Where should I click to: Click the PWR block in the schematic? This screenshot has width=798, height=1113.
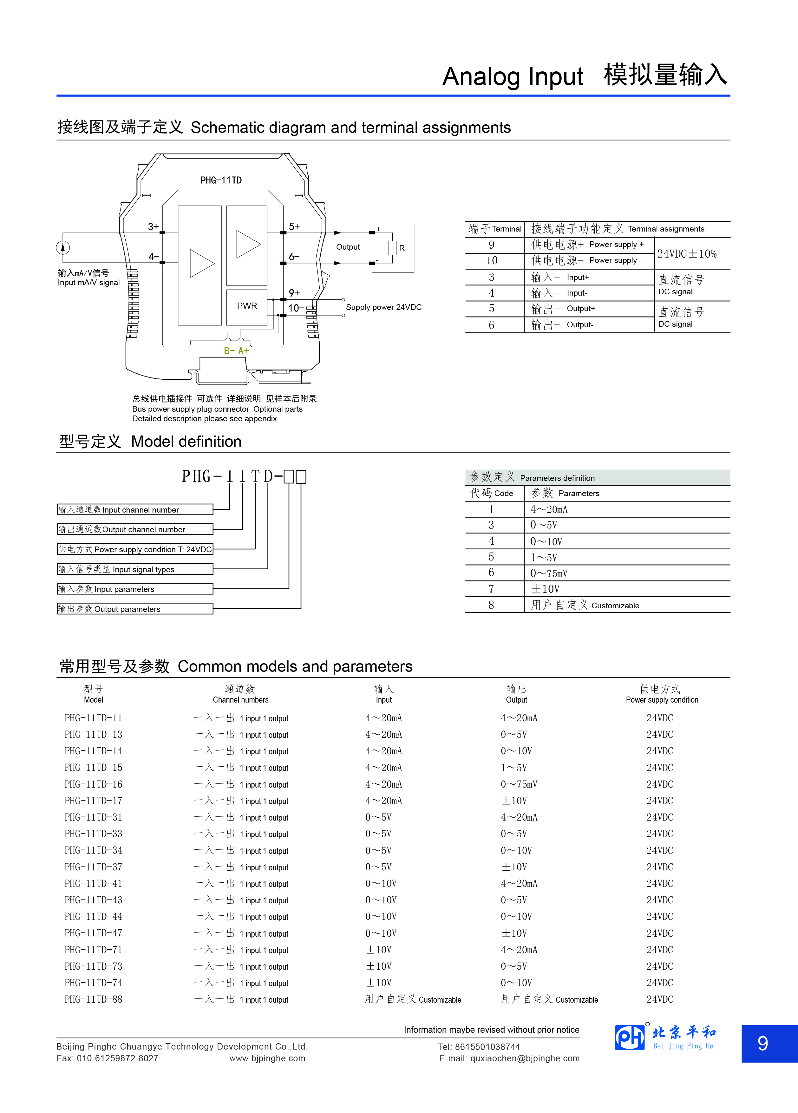coord(247,306)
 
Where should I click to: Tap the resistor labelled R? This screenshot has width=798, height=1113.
coord(392,248)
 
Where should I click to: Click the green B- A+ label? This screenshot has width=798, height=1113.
coord(236,351)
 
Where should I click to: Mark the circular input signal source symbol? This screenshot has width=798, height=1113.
coord(63,247)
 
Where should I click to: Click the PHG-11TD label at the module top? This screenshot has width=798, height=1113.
coord(221,180)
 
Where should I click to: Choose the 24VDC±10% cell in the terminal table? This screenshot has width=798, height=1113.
coord(687,254)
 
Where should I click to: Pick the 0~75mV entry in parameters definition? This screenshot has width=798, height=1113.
coord(549,573)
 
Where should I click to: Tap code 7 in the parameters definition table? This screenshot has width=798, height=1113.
coord(491,589)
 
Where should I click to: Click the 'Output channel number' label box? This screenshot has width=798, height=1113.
coord(135,529)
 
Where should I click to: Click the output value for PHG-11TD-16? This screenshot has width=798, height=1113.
coord(519,784)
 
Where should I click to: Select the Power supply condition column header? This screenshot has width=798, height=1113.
coord(662,694)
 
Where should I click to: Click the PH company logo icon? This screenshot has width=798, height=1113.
coord(630,1038)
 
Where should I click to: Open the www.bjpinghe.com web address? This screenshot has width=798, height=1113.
coord(267,1058)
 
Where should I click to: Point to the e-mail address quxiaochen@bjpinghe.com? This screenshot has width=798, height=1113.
coord(525,1058)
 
